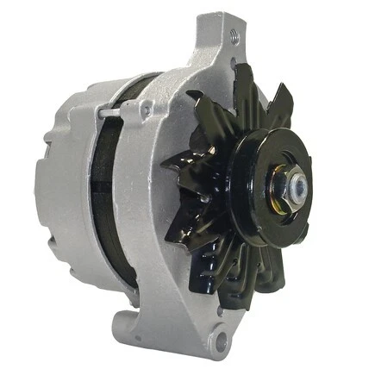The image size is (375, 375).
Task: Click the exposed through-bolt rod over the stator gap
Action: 110,113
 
